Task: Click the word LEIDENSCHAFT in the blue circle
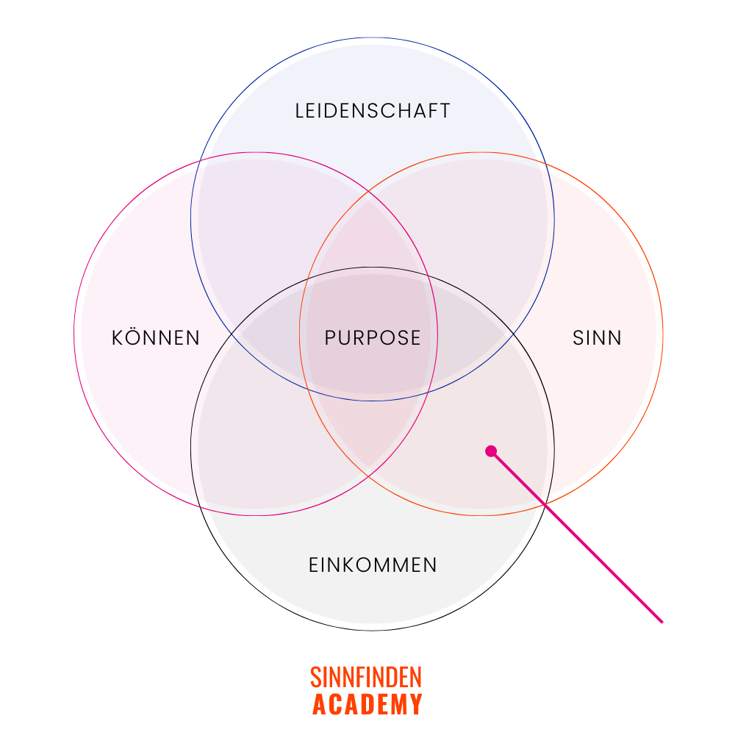(373, 111)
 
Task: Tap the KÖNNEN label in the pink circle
(156, 338)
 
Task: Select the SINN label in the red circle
(597, 338)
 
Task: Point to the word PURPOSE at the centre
(373, 338)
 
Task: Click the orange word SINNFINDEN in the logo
(366, 677)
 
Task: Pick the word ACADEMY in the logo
(367, 704)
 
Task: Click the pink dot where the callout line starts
(491, 451)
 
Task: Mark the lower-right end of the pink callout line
(661, 622)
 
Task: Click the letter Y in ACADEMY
(416, 704)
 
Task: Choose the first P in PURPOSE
(331, 338)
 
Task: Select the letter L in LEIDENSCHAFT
(300, 111)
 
